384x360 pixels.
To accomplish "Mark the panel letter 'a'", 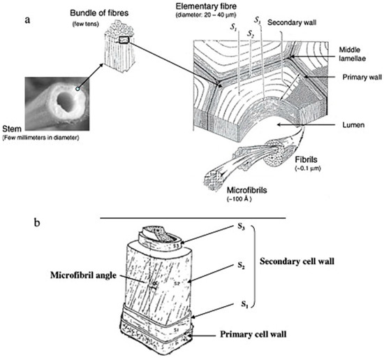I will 27,17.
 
